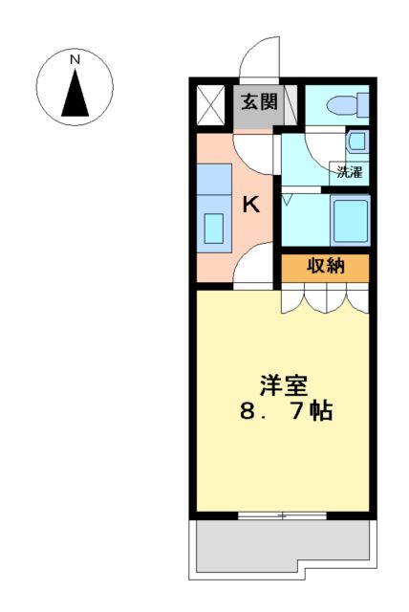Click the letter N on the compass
click(x=75, y=60)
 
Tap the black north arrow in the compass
click(x=75, y=93)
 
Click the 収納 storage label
click(x=324, y=268)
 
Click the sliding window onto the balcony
click(x=281, y=515)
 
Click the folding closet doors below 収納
click(x=325, y=300)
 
